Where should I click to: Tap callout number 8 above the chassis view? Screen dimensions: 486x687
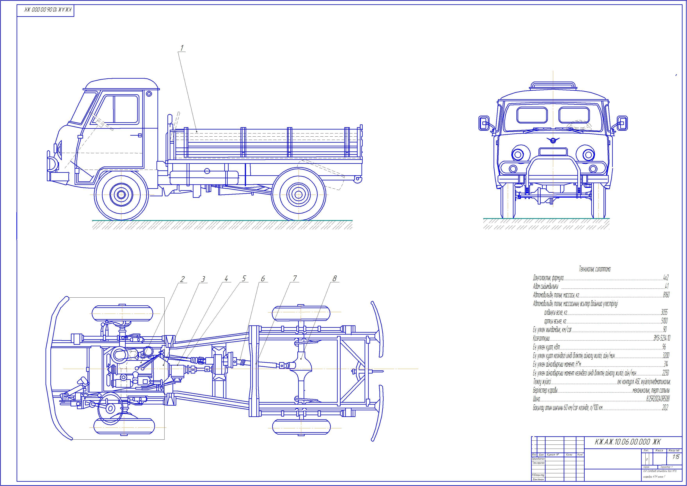pyautogui.click(x=335, y=278)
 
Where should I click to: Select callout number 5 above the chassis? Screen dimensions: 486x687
pyautogui.click(x=244, y=279)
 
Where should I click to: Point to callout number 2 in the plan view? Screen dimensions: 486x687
pyautogui.click(x=182, y=279)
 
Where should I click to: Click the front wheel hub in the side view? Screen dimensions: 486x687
pyautogui.click(x=121, y=195)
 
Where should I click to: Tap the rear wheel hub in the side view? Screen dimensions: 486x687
pyautogui.click(x=299, y=195)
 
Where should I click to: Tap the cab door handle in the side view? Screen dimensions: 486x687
pyautogui.click(x=140, y=135)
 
